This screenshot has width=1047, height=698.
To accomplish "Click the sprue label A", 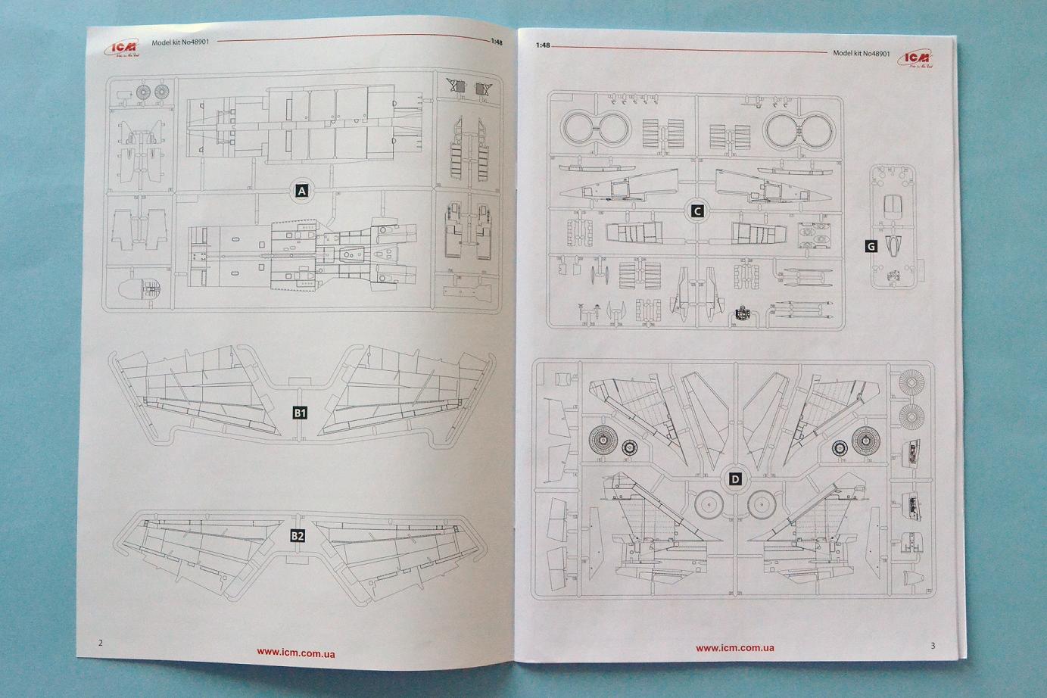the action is (302, 191).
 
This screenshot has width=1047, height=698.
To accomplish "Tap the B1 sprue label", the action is (300, 413).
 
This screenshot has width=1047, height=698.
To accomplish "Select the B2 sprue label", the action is (298, 536).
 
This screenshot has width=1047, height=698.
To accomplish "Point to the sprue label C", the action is (697, 211).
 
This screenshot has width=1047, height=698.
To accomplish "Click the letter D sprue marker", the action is (735, 478).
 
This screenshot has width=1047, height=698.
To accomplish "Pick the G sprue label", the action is (871, 246).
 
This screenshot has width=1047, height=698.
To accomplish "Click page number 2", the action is (101, 643).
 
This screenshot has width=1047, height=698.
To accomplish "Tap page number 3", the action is (933, 646).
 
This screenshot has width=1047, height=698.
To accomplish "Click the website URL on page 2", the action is (296, 653).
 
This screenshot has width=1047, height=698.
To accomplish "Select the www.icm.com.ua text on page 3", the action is (734, 647).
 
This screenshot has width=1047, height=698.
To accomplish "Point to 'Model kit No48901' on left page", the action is (180, 42).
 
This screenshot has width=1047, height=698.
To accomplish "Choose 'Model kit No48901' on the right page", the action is (861, 54).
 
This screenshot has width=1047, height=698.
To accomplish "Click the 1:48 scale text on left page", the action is (496, 42).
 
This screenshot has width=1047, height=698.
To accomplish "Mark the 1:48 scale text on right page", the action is (543, 45).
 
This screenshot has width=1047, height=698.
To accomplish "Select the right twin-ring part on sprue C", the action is (798, 129).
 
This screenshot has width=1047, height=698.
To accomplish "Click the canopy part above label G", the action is (894, 205).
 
